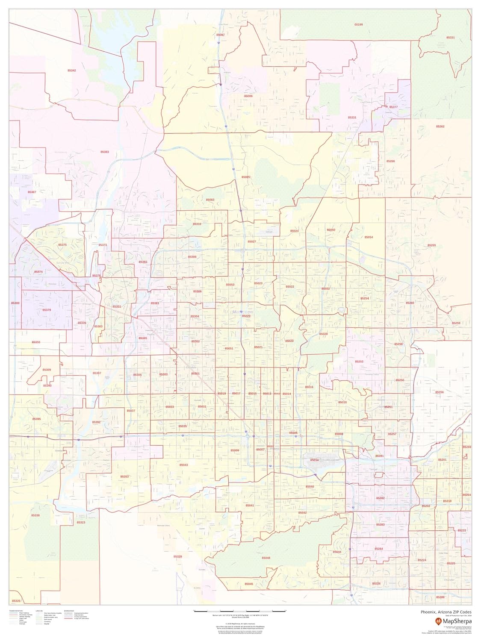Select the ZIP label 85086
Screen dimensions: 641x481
(x=248, y=97)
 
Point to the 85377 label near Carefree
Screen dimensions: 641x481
(x=393, y=107)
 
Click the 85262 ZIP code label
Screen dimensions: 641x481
(x=440, y=126)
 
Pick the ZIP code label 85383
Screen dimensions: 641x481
(x=105, y=152)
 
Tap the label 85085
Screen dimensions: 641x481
(x=245, y=176)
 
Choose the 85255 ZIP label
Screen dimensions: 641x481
(x=432, y=245)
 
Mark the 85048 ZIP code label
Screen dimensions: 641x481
(x=266, y=558)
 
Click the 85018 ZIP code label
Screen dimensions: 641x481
(x=342, y=402)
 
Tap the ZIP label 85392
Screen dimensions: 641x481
(x=96, y=422)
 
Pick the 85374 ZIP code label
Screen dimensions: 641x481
(x=38, y=272)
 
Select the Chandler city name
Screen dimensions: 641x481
(x=449, y=580)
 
